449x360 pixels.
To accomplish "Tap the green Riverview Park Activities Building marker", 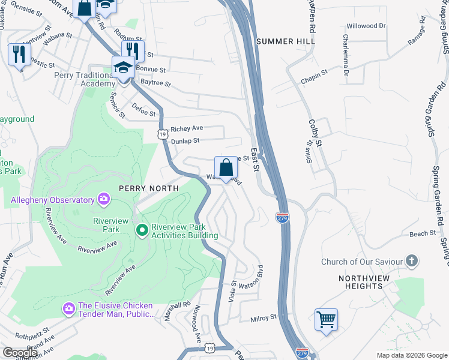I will (x=142, y=230).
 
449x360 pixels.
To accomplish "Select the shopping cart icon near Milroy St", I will (x=326, y=319).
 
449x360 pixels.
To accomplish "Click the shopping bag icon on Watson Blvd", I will (x=226, y=167).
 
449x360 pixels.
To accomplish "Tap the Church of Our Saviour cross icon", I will (x=411, y=261).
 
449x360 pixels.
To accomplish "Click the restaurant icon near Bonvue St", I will (x=133, y=51).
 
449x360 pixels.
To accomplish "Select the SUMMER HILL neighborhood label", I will (x=281, y=41).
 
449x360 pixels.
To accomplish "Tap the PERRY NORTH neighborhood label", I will (x=149, y=188).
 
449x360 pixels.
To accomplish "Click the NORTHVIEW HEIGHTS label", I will (x=368, y=282).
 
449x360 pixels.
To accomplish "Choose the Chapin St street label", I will (x=315, y=73).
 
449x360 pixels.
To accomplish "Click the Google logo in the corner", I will (x=20, y=352).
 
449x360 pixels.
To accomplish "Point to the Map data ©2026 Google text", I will (x=411, y=355).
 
